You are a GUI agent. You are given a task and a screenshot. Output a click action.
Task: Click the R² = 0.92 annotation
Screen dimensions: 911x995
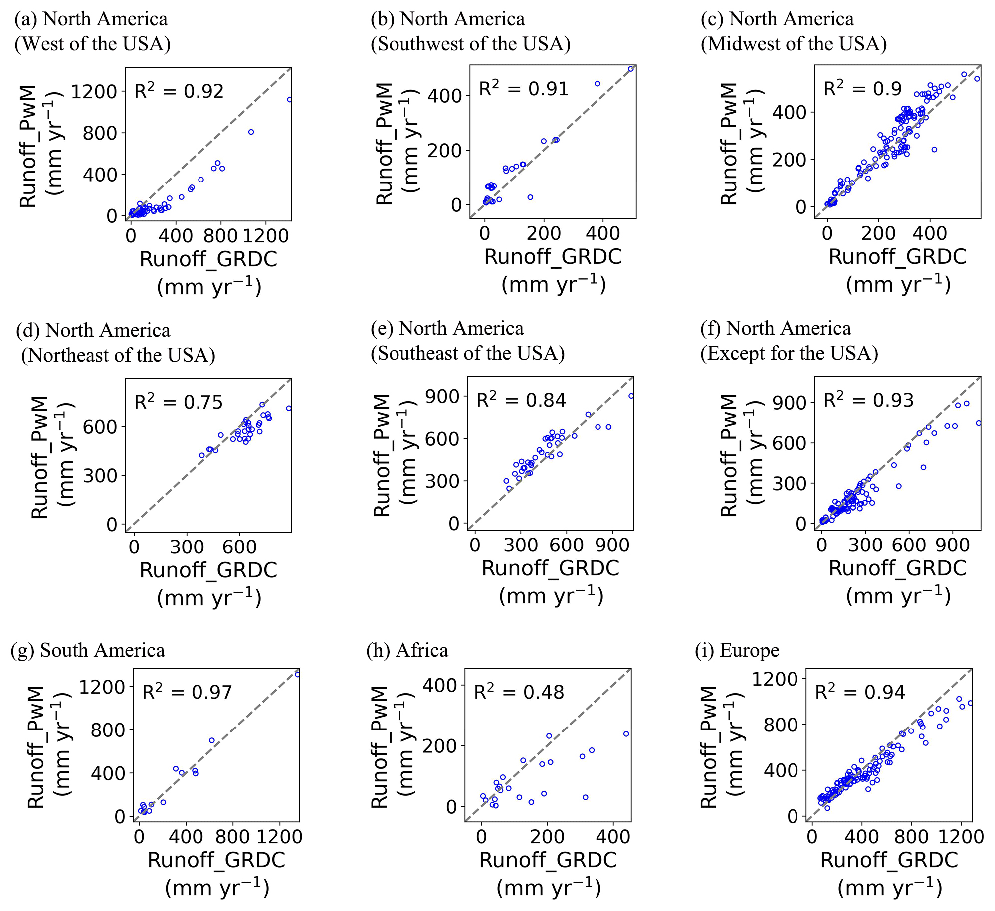click(179, 91)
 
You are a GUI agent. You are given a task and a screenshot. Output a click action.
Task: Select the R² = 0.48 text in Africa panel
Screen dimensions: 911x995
click(519, 692)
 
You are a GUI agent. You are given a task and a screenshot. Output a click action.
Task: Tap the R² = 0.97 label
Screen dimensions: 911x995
click(187, 692)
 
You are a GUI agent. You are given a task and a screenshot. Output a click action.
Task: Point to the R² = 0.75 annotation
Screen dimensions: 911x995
click(179, 402)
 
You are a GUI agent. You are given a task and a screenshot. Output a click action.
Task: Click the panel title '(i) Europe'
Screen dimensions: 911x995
click(737, 650)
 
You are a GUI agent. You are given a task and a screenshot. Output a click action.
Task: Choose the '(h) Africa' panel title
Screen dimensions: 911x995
click(407, 650)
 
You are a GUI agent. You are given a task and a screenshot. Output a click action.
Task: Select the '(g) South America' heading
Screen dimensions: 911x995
click(88, 650)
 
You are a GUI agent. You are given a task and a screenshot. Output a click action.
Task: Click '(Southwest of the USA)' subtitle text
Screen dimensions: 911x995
click(470, 44)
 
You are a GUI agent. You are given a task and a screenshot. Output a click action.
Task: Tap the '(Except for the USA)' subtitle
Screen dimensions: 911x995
click(789, 353)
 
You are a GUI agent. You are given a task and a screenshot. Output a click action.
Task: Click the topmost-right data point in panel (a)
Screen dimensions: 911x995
click(289, 100)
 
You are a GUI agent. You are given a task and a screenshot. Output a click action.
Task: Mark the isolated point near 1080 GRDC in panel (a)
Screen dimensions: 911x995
click(251, 132)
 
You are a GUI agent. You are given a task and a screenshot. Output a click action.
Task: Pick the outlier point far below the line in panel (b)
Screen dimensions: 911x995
click(530, 197)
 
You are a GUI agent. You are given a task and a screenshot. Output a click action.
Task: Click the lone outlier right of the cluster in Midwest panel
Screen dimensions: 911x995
click(934, 150)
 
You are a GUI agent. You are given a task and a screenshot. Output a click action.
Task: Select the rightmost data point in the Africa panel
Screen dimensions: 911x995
click(626, 734)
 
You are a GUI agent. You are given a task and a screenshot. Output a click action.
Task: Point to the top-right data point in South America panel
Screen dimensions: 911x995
click(297, 674)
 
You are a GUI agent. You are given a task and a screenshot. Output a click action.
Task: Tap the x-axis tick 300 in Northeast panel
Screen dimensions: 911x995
click(187, 547)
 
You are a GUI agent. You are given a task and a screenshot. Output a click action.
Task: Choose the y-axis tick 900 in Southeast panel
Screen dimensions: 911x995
click(442, 396)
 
